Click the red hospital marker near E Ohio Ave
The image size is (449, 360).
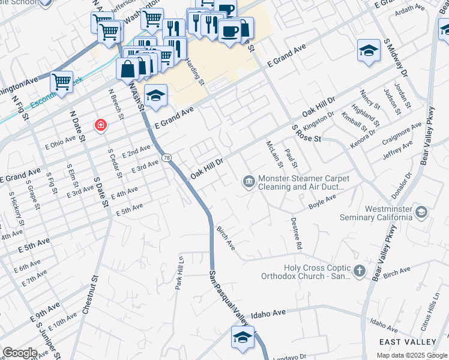tap(101, 125)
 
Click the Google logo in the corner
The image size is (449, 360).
tap(20, 353)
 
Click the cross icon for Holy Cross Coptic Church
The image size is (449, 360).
tap(360, 271)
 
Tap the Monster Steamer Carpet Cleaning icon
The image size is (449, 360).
tap(249, 181)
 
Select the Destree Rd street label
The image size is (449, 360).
tap(297, 235)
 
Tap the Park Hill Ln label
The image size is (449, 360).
tap(178, 274)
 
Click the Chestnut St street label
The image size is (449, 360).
tap(95, 295)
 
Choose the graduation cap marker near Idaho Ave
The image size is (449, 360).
tap(242, 337)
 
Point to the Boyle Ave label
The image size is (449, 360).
tap(322, 201)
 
